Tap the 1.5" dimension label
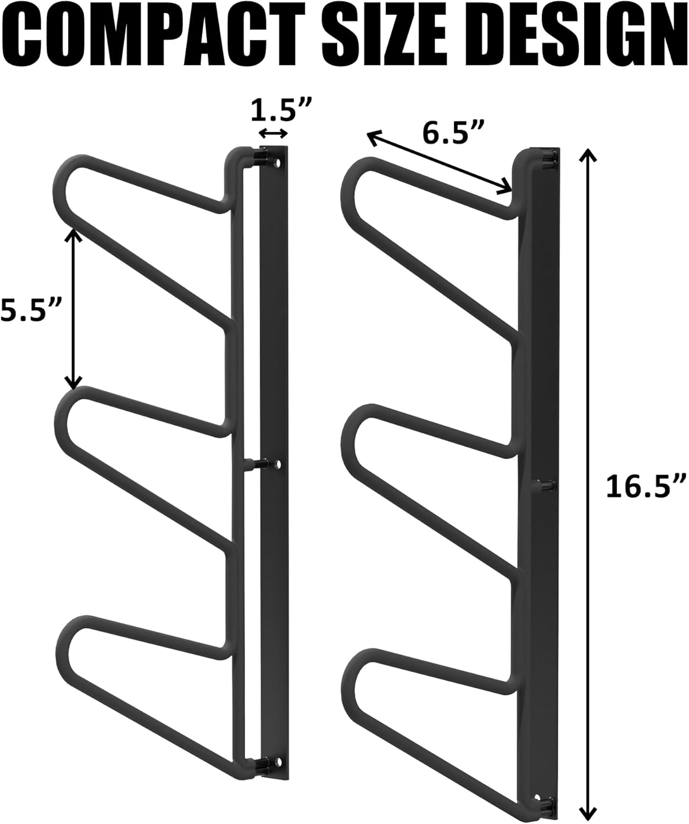(x=281, y=112)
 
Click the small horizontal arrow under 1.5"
(x=273, y=133)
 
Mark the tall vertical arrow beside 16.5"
(x=588, y=486)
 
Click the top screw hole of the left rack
(x=277, y=164)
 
